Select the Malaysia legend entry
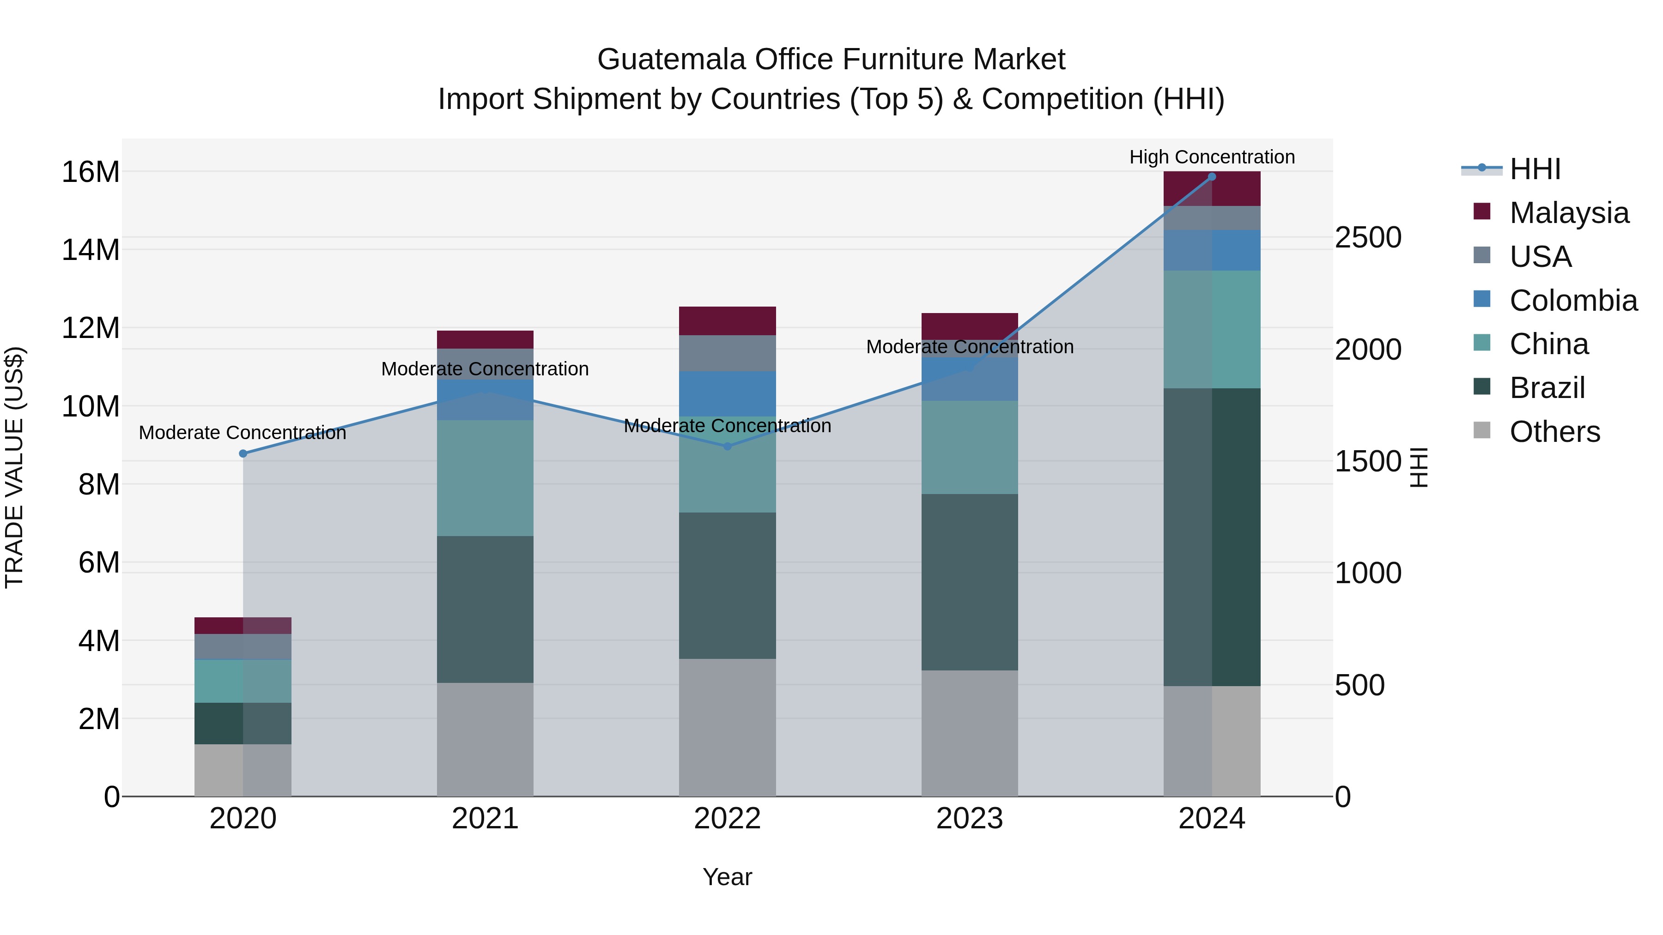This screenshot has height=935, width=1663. click(1568, 213)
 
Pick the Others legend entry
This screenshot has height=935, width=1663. click(1554, 432)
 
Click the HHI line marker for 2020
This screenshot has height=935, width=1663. click(243, 453)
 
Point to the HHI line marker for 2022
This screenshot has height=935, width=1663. click(727, 446)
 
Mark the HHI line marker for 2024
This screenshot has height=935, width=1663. click(1211, 177)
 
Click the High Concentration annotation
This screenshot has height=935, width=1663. click(1211, 157)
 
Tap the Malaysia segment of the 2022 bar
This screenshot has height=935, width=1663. click(727, 321)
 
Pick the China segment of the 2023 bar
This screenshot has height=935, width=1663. click(969, 447)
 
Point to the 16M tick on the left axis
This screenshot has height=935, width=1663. click(91, 172)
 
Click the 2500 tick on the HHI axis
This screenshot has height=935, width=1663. click(1367, 237)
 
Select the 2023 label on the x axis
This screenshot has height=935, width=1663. click(969, 819)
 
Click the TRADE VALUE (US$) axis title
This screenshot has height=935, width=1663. click(14, 467)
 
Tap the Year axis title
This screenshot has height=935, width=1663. click(727, 877)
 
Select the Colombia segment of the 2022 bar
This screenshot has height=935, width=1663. click(727, 393)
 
